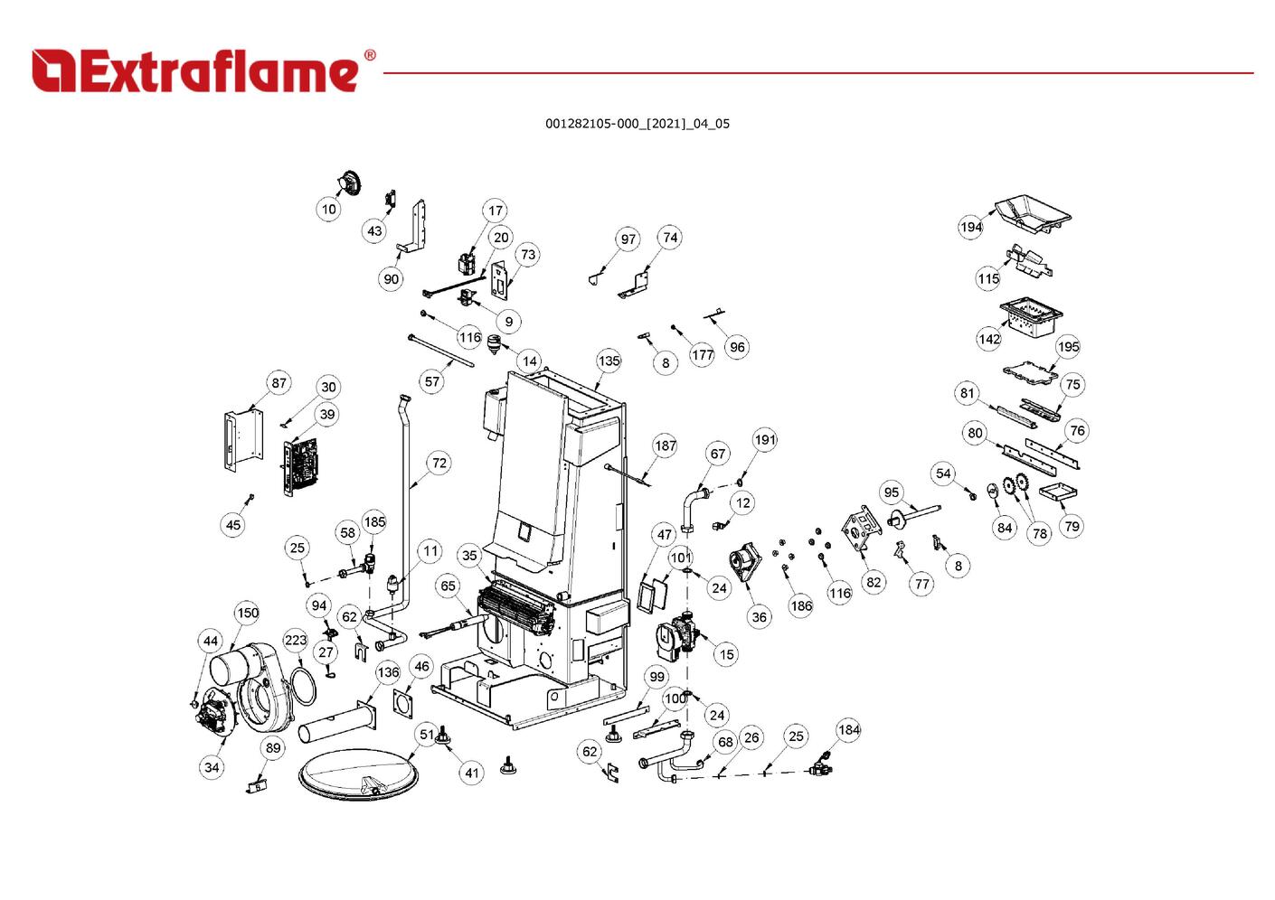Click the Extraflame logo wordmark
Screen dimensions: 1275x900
click(194, 71)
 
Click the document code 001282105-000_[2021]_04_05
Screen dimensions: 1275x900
click(637, 124)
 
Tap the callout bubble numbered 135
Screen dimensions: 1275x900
click(609, 361)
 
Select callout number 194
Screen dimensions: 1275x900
click(971, 227)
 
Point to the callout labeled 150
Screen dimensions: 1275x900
click(248, 613)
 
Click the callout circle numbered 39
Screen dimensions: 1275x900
click(327, 414)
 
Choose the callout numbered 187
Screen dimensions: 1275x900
click(666, 445)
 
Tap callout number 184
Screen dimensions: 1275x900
click(848, 729)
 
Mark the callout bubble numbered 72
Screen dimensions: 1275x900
click(439, 463)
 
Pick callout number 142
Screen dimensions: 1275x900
click(988, 339)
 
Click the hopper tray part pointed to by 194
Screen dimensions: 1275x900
click(1033, 213)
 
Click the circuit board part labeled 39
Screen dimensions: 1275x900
click(301, 466)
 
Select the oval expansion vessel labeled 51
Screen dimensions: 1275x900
click(358, 774)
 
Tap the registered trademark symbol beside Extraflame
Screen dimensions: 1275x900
click(370, 55)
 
